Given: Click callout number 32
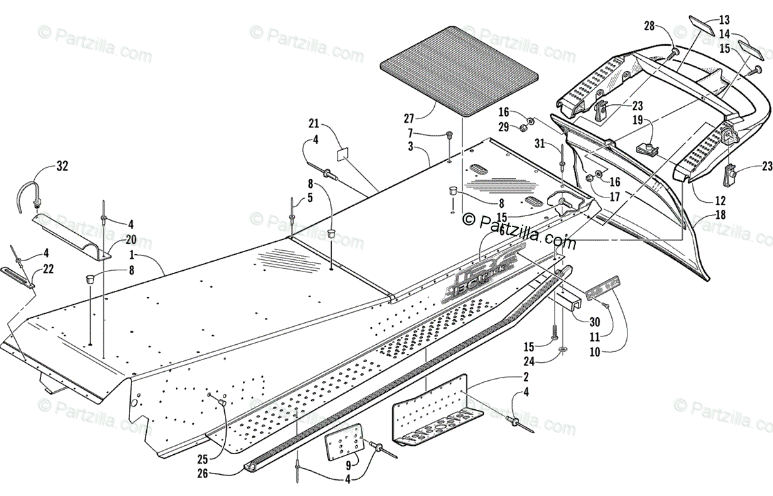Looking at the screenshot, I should [62, 167].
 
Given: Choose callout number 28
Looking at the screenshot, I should [649, 26].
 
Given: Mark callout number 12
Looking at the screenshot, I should [720, 200].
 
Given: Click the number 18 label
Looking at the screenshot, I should [720, 216].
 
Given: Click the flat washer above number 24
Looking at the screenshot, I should [563, 350].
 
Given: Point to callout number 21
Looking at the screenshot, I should [314, 123].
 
